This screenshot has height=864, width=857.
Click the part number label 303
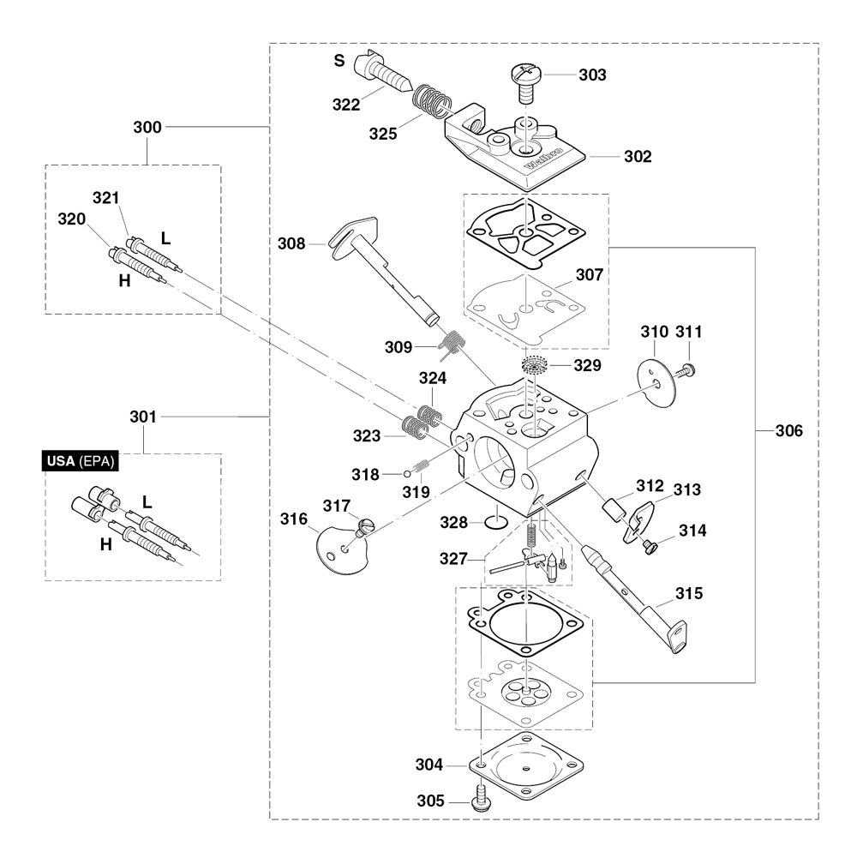[x=592, y=75]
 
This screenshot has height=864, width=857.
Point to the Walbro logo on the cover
[x=543, y=158]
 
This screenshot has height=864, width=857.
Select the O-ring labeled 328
[x=495, y=521]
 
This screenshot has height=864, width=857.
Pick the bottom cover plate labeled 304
[x=526, y=766]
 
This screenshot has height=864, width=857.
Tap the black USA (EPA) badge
[x=81, y=461]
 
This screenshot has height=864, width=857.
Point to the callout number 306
[x=788, y=431]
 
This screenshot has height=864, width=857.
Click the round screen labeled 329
[x=532, y=365]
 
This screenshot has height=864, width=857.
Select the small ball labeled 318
[x=408, y=473]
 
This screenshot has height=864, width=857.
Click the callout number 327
[x=453, y=559]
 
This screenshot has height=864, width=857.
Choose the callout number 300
[x=147, y=127]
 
